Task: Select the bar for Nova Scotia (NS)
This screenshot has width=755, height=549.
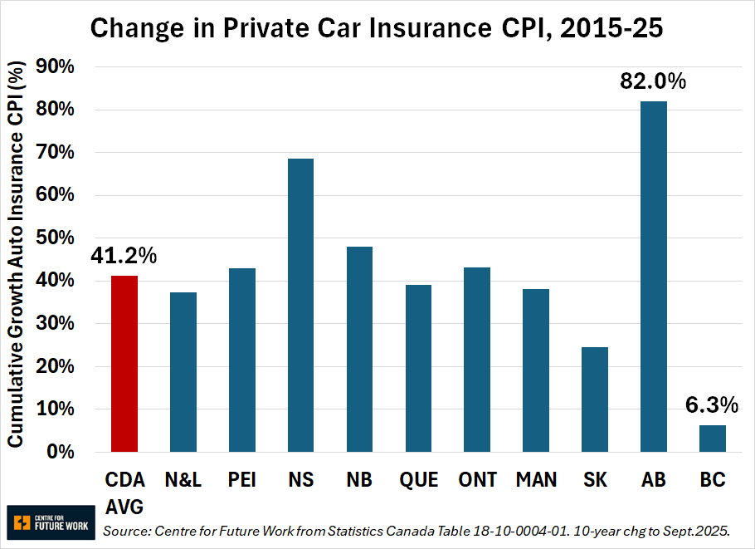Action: click(300, 305)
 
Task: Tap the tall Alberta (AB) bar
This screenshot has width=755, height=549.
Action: click(654, 277)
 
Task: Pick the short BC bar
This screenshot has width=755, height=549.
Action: click(713, 439)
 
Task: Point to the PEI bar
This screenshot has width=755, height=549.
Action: click(241, 360)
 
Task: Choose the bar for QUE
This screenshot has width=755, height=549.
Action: click(418, 368)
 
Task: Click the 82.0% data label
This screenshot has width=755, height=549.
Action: click(653, 81)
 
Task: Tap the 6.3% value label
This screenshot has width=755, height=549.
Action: click(711, 405)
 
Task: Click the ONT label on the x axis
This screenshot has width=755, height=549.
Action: click(477, 480)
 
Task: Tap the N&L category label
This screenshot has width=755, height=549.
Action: click(183, 480)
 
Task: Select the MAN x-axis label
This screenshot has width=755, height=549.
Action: click(536, 480)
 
